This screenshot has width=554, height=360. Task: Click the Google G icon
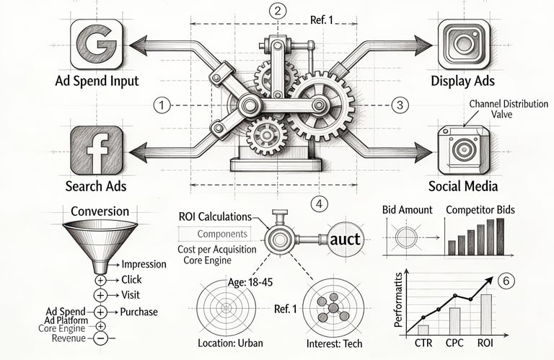[x=97, y=45]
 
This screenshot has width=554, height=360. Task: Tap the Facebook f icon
[x=96, y=150]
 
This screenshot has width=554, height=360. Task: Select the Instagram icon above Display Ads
[x=464, y=45]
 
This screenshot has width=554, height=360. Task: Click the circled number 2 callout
[x=276, y=10]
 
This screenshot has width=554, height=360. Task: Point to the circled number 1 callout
[x=164, y=105]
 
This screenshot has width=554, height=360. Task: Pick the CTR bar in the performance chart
[x=423, y=329]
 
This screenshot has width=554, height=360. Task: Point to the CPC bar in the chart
[x=454, y=320]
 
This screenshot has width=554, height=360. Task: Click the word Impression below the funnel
[x=144, y=265]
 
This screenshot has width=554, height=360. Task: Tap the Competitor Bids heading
[x=485, y=210]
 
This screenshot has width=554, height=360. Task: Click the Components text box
[x=222, y=234]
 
